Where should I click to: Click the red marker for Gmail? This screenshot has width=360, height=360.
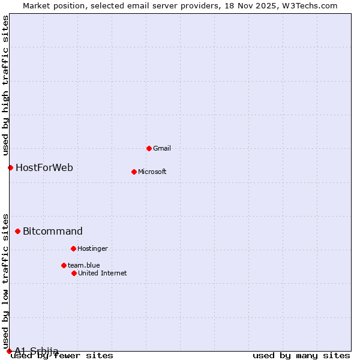[149, 148]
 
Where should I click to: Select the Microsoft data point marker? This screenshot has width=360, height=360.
[134, 172]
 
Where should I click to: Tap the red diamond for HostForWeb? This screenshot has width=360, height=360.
[10, 167]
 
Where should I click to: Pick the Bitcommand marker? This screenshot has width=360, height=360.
[17, 231]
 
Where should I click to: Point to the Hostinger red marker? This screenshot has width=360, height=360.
[73, 248]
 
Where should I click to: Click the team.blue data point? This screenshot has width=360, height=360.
[64, 265]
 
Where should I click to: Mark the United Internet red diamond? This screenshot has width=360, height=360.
[74, 273]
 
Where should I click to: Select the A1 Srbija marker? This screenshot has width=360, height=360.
[9, 351]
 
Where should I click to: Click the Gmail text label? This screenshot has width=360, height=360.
[162, 148]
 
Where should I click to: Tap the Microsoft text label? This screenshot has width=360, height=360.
[152, 172]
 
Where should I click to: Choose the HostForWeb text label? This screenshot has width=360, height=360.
[44, 167]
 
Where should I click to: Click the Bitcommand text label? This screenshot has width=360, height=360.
[53, 231]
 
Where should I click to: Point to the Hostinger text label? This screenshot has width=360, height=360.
[92, 248]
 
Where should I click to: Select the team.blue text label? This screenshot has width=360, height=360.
[84, 265]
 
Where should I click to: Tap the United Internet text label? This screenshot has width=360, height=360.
[103, 273]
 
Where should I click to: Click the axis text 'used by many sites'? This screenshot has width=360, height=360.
[301, 355]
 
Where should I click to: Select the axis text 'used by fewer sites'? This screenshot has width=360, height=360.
[62, 355]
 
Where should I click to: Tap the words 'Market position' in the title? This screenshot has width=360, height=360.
[50, 5]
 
